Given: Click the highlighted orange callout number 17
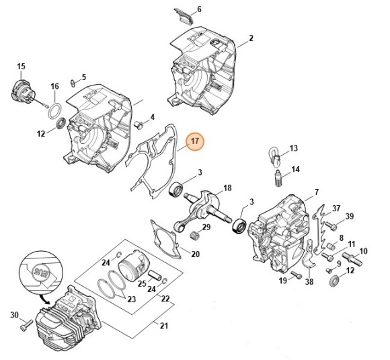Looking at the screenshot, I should tap(194, 141).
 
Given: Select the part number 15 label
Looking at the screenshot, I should tap(21, 66).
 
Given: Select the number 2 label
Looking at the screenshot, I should tap(251, 38).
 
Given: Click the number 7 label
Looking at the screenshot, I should tap(316, 194).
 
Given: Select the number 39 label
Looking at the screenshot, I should tap(349, 216).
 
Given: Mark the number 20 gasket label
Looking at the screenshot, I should tap(196, 254).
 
